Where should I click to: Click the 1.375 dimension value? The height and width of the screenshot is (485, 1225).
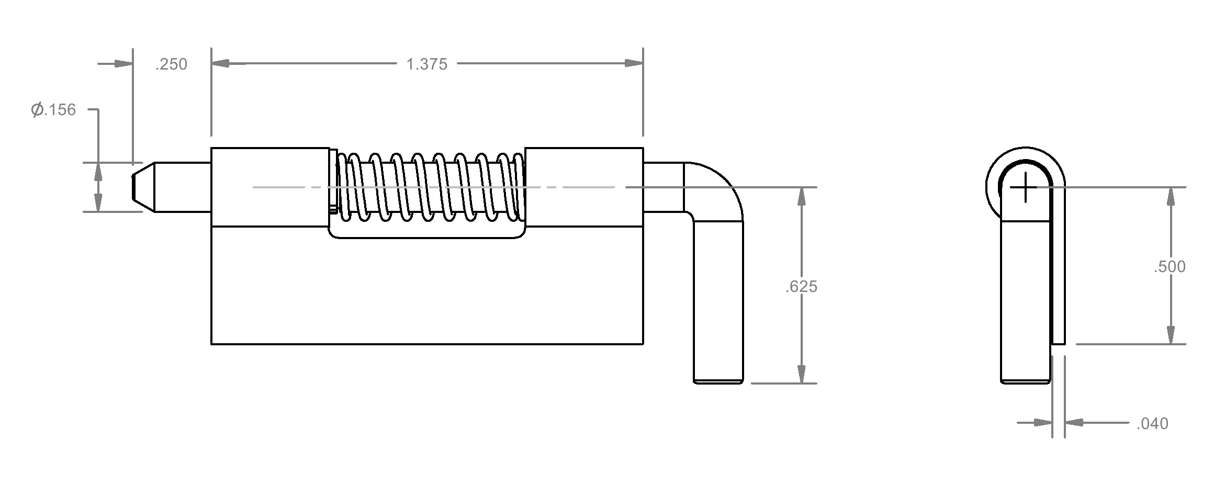(x=426, y=64)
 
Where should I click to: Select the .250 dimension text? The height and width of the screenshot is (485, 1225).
(x=171, y=64)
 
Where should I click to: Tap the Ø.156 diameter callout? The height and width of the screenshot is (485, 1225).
(x=53, y=110)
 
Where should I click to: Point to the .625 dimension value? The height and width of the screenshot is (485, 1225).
(x=801, y=287)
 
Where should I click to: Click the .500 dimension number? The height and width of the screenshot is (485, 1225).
(x=1170, y=267)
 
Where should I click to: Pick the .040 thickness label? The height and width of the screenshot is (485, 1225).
(x=1152, y=423)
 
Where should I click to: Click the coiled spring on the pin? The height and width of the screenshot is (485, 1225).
(x=430, y=187)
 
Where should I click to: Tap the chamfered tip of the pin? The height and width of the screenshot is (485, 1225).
(x=143, y=187)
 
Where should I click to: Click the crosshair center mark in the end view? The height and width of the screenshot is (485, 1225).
(x=1025, y=187)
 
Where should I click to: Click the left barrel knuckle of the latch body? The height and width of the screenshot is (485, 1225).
(x=271, y=187)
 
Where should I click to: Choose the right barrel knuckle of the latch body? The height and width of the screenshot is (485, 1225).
(x=584, y=187)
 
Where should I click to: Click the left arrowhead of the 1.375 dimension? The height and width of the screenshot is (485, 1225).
(x=221, y=64)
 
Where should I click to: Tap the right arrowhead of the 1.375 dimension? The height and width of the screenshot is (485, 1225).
(x=634, y=64)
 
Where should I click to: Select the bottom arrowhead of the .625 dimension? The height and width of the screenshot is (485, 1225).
(x=801, y=374)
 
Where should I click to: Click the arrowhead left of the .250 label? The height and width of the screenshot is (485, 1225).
(x=123, y=64)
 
